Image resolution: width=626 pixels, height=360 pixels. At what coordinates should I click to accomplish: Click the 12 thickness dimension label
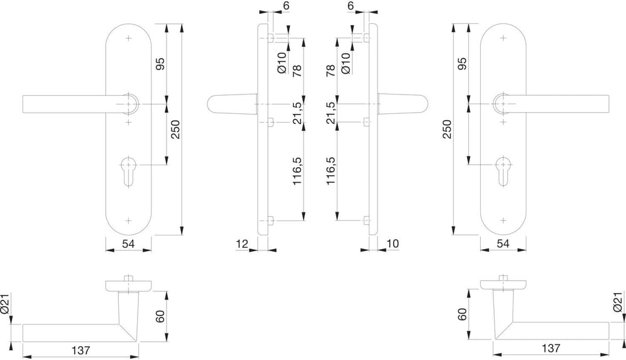tap(242, 244)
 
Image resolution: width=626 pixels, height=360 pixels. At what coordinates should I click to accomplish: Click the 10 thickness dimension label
tap(393, 244)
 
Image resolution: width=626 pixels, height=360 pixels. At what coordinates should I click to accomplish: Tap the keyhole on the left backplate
tap(128, 170)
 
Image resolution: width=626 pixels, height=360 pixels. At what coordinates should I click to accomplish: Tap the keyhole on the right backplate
tap(503, 170)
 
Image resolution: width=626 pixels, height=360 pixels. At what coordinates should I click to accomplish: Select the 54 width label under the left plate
tap(128, 244)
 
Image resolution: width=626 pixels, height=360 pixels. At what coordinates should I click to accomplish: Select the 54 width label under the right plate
tap(503, 244)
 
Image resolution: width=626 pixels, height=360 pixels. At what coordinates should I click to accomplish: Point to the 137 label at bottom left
tap(81, 350)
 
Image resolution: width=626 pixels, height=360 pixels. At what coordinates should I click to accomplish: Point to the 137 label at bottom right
tap(551, 348)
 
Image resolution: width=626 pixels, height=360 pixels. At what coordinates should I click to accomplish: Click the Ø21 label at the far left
tap(5, 304)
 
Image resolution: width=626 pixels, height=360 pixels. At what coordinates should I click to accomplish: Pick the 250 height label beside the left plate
tap(176, 130)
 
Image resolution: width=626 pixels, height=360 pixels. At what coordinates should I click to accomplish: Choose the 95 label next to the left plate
tap(160, 64)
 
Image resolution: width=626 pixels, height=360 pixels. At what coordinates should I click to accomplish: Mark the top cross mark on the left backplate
tap(128, 38)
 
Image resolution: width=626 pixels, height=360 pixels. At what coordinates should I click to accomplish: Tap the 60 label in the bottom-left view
tap(160, 317)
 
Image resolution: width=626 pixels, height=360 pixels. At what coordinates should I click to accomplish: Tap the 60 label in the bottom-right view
tap(463, 314)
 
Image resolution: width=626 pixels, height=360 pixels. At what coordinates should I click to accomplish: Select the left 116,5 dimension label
tap(297, 171)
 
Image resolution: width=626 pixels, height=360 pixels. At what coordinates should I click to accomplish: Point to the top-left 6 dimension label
tap(286, 6)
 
